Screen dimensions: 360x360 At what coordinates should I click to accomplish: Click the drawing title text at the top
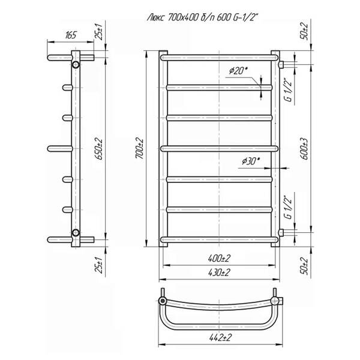[x=203, y=17]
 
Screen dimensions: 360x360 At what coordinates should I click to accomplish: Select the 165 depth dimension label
[x=70, y=35]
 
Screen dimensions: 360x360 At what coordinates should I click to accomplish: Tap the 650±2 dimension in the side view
[x=99, y=149]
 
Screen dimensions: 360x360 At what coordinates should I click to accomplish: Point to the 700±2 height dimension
[x=139, y=148]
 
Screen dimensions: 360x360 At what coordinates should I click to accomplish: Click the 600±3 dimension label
[x=304, y=149]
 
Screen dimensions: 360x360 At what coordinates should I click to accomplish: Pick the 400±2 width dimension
[x=219, y=258]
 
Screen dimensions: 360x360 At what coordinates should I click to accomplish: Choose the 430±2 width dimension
[x=219, y=272]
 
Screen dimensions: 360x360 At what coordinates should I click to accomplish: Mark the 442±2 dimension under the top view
[x=220, y=337]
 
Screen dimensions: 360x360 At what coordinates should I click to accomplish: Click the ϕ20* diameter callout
[x=239, y=70]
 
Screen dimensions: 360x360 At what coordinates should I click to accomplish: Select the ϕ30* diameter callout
[x=251, y=161]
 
